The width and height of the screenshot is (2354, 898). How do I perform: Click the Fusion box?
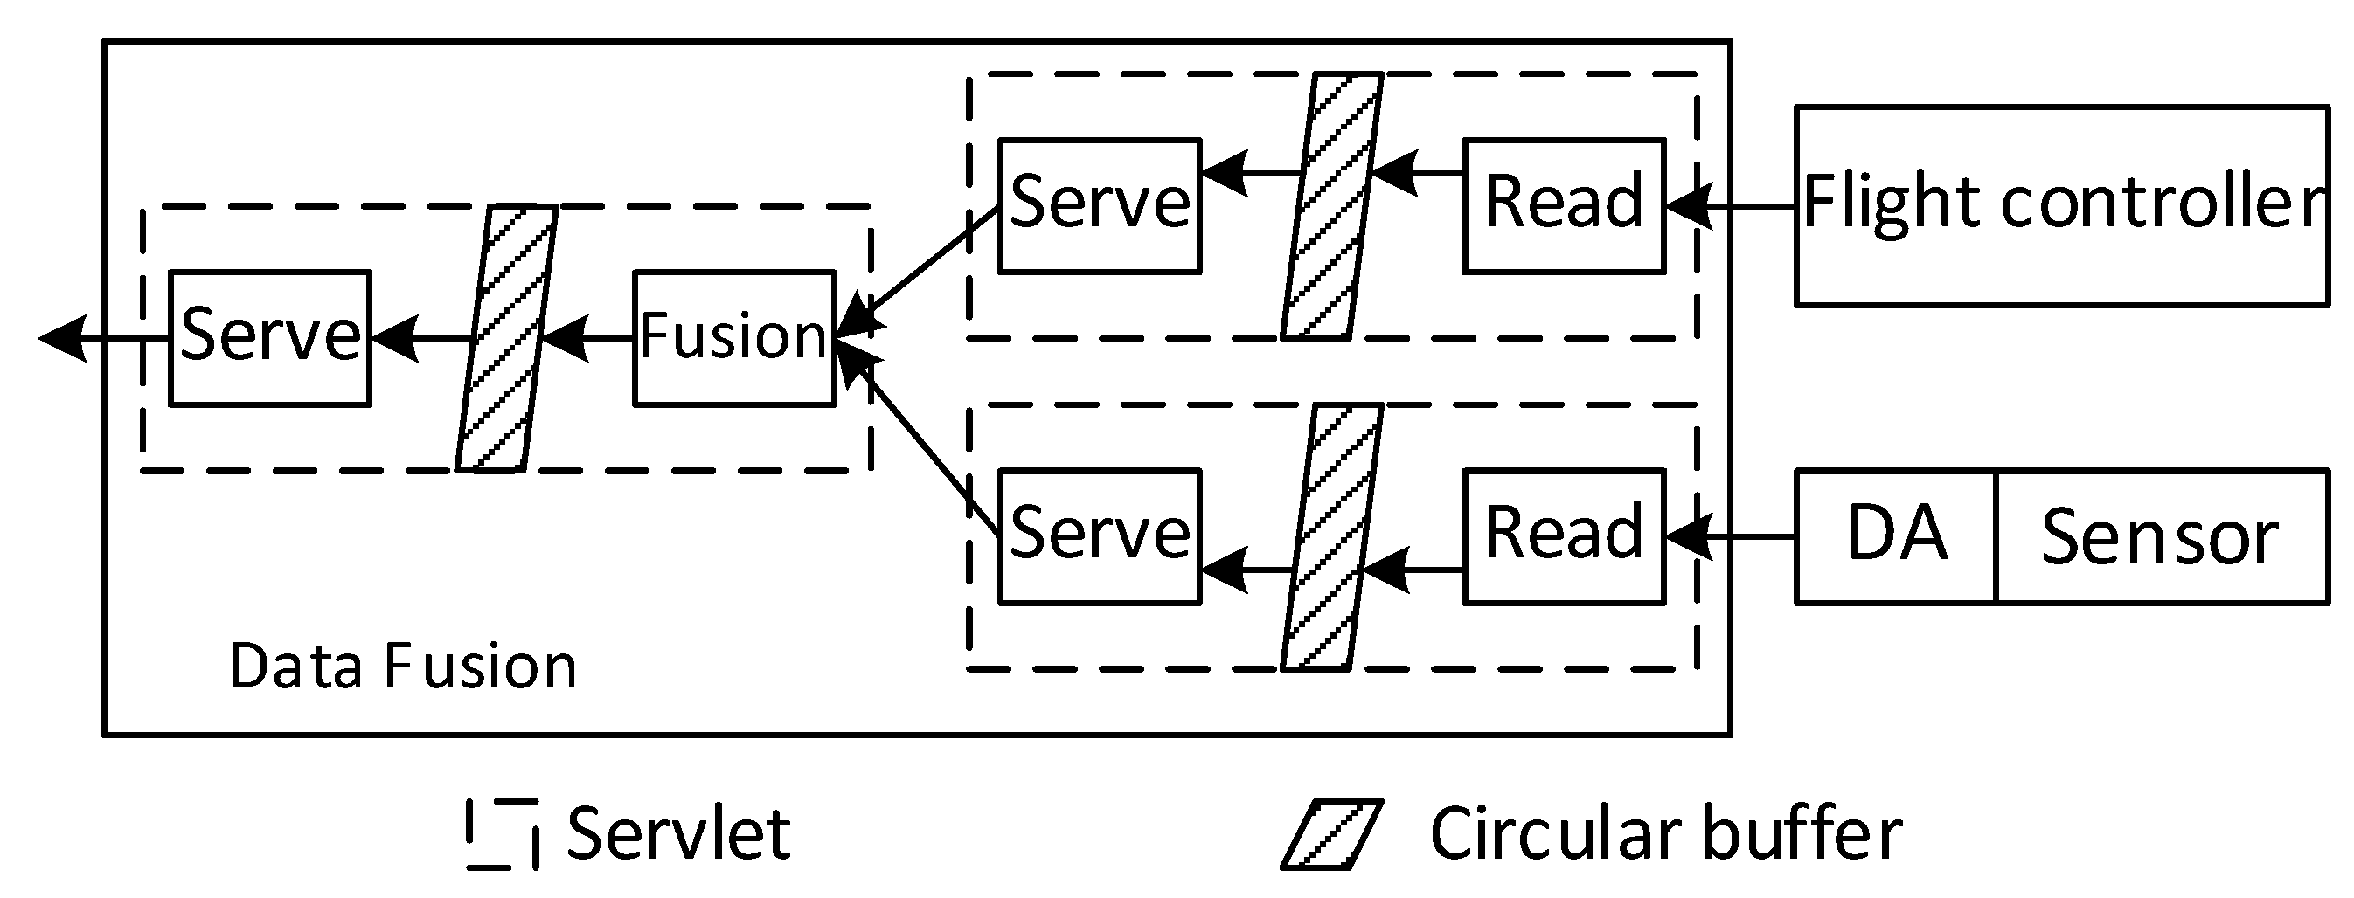733,337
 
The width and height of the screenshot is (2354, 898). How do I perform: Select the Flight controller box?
2060,205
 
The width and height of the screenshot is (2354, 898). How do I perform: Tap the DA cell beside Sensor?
1895,536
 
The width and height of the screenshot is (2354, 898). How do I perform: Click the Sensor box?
2160,536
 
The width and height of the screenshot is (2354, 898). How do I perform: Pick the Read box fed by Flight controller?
1564,205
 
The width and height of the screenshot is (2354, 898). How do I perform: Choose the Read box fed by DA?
1564,536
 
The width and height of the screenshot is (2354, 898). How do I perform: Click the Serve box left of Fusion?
269,337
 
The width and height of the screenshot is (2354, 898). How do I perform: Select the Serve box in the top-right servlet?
1100,205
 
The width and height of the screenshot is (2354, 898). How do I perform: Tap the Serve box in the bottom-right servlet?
1100,536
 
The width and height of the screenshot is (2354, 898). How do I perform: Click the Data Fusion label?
402,666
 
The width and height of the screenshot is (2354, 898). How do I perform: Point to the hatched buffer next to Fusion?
506,338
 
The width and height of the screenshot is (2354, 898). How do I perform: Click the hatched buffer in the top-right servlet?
1331,205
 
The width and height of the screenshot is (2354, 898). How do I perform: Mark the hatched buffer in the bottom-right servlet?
1331,537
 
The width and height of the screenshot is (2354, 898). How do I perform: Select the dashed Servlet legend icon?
502,834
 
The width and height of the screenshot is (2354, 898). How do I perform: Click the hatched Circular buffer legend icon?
1331,834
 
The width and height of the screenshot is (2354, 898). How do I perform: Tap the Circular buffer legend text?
1665,834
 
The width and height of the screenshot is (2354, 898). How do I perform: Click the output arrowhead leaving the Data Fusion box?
62,338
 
